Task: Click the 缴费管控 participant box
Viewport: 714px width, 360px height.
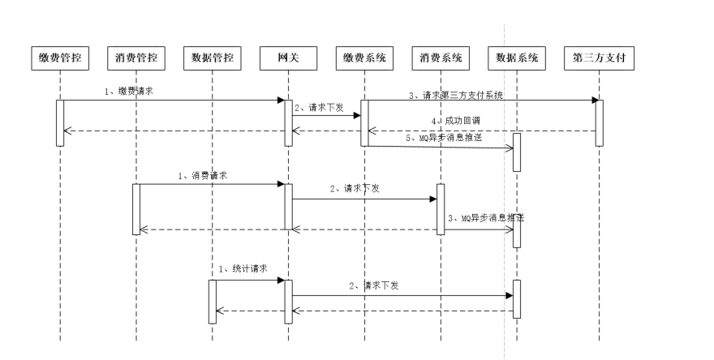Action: pyautogui.click(x=59, y=58)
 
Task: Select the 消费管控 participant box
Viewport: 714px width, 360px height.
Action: pyautogui.click(x=136, y=58)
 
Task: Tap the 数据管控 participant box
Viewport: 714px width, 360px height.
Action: pyautogui.click(x=213, y=58)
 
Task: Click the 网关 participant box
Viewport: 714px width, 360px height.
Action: pyautogui.click(x=288, y=58)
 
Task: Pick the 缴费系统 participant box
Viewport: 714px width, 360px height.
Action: pyautogui.click(x=364, y=58)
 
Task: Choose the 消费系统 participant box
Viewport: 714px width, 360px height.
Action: pyautogui.click(x=441, y=58)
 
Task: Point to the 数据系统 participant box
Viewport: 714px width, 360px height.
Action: pyautogui.click(x=517, y=58)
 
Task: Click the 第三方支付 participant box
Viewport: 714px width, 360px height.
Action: pyautogui.click(x=598, y=58)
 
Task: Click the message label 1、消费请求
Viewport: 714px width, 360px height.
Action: pyautogui.click(x=203, y=175)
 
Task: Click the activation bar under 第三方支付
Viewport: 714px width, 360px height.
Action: pyautogui.click(x=599, y=122)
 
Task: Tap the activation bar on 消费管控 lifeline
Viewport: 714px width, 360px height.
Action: pyautogui.click(x=136, y=208)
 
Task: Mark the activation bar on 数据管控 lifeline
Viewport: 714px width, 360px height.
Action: pyautogui.click(x=213, y=301)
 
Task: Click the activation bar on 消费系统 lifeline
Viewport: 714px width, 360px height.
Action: pyautogui.click(x=441, y=208)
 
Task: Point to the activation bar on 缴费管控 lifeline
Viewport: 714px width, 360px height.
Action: pyautogui.click(x=59, y=122)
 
